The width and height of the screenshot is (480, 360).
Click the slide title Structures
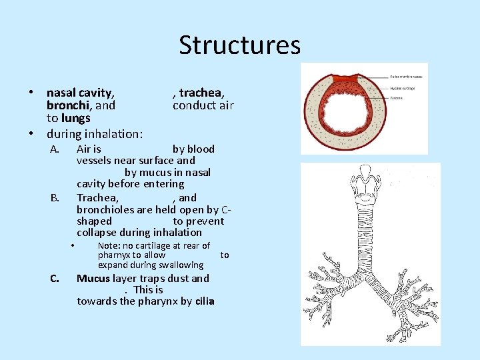(239, 45)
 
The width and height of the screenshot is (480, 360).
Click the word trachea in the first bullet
(201, 93)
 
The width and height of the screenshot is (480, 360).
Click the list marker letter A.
(55, 149)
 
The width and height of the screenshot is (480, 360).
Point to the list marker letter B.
(55, 197)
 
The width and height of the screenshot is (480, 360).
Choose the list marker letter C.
(55, 279)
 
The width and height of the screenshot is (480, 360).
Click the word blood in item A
(201, 149)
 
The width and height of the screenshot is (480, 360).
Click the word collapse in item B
(97, 232)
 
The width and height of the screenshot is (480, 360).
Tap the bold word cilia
(205, 301)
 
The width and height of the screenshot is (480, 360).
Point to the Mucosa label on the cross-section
(397, 97)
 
